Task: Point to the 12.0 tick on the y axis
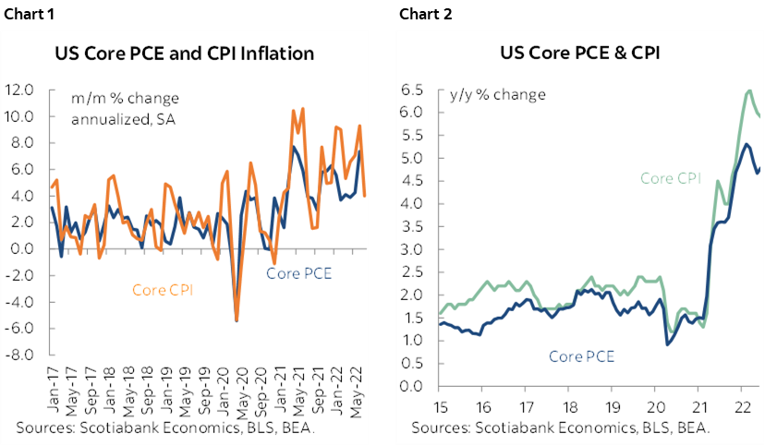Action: (x=19, y=90)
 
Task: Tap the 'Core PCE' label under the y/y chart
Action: (x=582, y=356)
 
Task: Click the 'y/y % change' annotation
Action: (x=497, y=95)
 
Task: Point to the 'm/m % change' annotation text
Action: (x=126, y=99)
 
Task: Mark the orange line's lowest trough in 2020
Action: (x=237, y=319)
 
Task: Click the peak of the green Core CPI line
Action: (x=749, y=90)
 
